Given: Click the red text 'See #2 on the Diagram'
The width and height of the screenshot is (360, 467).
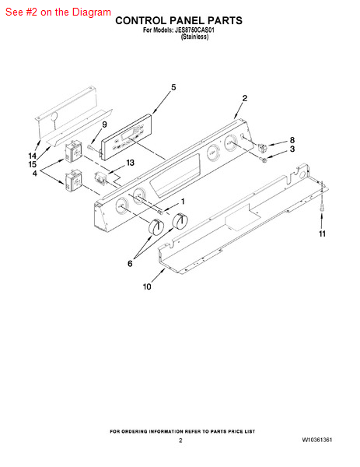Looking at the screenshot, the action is [x=58, y=12].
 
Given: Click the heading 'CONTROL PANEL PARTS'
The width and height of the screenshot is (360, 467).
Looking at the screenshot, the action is [x=179, y=20].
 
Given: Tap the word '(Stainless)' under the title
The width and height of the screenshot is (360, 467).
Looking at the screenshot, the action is [x=195, y=37].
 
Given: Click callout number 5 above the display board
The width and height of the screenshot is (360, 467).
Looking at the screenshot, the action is [x=173, y=87].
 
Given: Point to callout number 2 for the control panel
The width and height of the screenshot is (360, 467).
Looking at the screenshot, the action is [x=245, y=98].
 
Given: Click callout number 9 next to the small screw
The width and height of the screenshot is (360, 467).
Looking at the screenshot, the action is [x=104, y=125].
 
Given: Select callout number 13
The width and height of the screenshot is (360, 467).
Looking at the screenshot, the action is [x=131, y=163].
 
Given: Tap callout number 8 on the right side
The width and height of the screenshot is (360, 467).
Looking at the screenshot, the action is [x=292, y=140].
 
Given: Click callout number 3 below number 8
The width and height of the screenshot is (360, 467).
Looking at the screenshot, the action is [x=292, y=149].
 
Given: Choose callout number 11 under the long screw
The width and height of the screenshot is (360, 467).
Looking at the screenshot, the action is [x=323, y=234].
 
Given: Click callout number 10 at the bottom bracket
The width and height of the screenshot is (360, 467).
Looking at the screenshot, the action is [x=147, y=286].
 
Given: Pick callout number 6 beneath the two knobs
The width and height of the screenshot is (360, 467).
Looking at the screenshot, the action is [x=130, y=264].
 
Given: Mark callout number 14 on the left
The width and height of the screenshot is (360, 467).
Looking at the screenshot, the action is [x=33, y=156].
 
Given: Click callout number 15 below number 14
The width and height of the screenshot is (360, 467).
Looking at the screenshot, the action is [x=33, y=164].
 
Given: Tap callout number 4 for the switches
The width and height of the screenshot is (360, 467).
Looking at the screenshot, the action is [x=35, y=174].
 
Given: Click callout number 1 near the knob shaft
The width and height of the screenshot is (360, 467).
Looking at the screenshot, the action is [x=183, y=202].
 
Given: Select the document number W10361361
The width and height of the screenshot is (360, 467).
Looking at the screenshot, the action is [x=317, y=440].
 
